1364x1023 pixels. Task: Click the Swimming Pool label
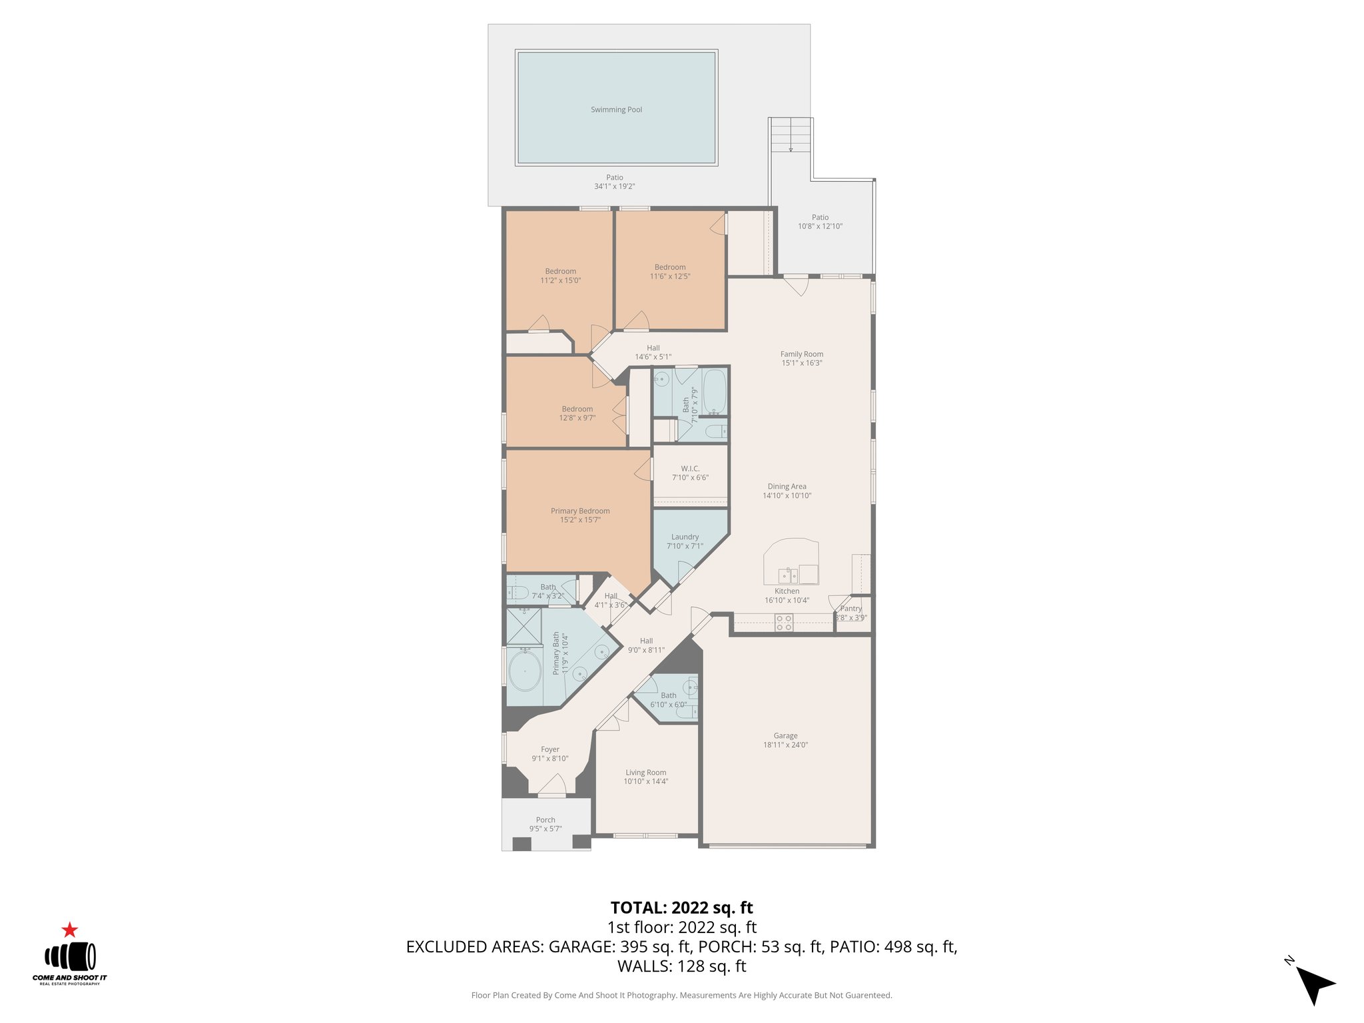pyautogui.click(x=616, y=110)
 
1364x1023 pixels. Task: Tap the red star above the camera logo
pyautogui.click(x=70, y=930)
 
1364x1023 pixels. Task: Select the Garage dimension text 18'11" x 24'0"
pyautogui.click(x=785, y=745)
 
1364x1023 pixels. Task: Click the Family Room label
pyautogui.click(x=802, y=354)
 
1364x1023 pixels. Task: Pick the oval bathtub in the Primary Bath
pyautogui.click(x=525, y=671)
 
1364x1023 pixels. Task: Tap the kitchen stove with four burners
pyautogui.click(x=784, y=623)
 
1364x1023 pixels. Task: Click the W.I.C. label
pyautogui.click(x=690, y=469)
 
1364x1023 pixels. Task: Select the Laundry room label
pyautogui.click(x=685, y=537)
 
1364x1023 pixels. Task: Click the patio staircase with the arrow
pyautogui.click(x=791, y=136)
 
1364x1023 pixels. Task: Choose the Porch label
pyautogui.click(x=545, y=820)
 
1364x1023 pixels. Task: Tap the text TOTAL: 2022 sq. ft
pyautogui.click(x=681, y=908)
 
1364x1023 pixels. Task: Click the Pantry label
pyautogui.click(x=851, y=609)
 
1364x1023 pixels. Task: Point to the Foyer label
pyautogui.click(x=550, y=749)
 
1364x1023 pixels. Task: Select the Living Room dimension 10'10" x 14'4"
pyautogui.click(x=645, y=782)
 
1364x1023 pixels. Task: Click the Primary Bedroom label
pyautogui.click(x=580, y=511)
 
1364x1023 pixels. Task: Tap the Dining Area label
pyautogui.click(x=787, y=487)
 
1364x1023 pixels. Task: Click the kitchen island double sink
pyautogui.click(x=789, y=575)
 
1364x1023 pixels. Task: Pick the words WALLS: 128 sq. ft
pyautogui.click(x=681, y=966)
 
